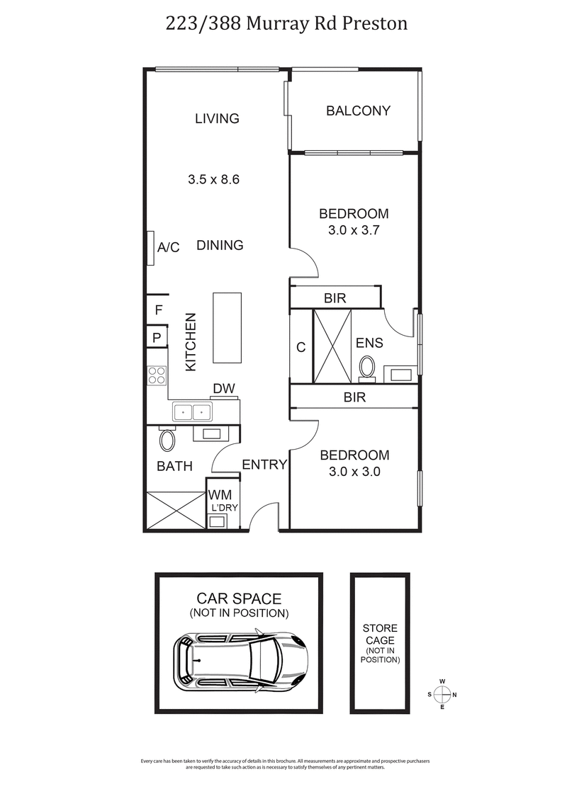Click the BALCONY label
[358, 110]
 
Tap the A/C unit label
[169, 247]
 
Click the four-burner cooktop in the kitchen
[157, 375]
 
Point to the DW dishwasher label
[224, 389]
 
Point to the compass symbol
[442, 694]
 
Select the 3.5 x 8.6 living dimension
[213, 180]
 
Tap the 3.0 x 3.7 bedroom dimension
[354, 230]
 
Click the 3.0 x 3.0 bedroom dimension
[354, 472]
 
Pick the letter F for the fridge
[158, 309]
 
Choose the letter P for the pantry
[157, 338]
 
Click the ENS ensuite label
[369, 343]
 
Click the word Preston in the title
[376, 23]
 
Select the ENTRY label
[264, 465]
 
